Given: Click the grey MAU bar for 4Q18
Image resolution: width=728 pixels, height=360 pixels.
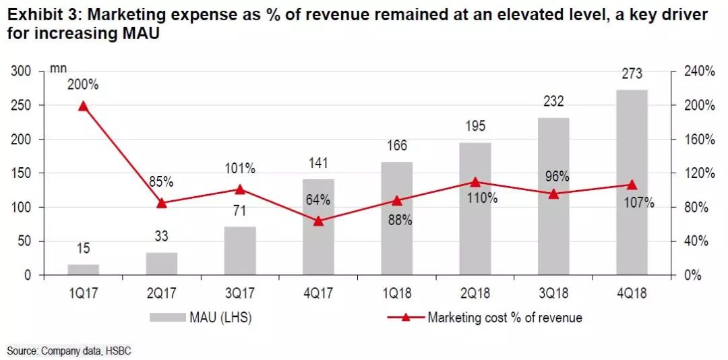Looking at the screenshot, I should [632, 182].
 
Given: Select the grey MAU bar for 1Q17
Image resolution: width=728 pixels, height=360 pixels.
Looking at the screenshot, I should [84, 270].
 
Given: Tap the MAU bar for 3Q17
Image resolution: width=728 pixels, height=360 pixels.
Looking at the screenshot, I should [239, 251].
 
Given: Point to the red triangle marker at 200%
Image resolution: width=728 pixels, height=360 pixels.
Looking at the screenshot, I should [84, 106].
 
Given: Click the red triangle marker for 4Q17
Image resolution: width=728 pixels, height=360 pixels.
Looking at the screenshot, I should [318, 220].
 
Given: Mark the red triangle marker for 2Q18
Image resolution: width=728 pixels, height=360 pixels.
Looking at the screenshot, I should [475, 182].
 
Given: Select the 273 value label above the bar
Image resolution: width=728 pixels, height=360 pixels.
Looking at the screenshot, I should [632, 74].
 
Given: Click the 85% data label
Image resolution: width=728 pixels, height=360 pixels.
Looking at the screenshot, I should [161, 182].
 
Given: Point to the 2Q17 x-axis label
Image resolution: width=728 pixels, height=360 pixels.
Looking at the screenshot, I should [161, 295].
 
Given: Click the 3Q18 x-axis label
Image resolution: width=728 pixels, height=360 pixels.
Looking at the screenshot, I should [553, 295].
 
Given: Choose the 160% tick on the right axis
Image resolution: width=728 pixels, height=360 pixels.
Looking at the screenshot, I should [698, 140].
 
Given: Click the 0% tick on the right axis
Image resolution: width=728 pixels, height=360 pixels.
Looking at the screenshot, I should [692, 275].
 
